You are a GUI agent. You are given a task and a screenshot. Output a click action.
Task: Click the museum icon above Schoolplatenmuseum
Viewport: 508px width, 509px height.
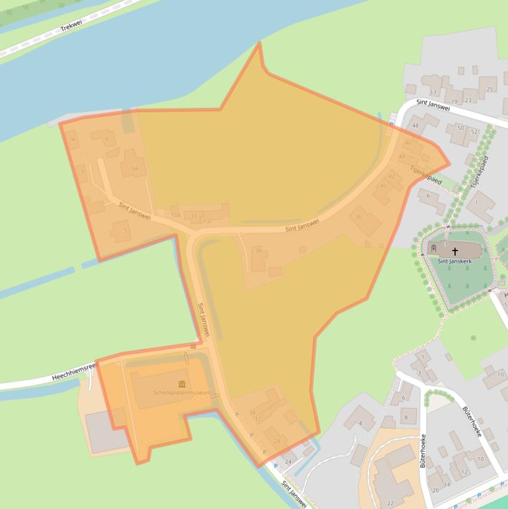point(182,384)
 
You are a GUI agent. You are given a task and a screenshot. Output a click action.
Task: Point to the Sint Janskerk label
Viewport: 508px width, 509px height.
point(454,261)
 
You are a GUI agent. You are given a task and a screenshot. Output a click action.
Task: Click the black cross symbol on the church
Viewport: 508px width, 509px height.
point(454,252)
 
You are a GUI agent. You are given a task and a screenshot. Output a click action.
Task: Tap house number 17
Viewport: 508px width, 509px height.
point(433,93)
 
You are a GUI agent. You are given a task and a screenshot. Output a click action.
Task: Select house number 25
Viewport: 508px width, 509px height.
point(490,89)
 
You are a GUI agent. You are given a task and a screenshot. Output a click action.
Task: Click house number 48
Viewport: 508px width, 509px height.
point(415,126)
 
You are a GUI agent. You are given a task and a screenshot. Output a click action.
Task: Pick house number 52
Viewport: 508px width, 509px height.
point(474,132)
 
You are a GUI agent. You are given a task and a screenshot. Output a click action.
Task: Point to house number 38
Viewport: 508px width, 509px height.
point(358,217)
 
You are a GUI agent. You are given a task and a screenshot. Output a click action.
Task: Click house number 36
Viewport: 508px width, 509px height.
point(258,251)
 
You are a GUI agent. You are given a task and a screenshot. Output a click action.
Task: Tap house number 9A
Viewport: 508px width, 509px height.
point(135,169)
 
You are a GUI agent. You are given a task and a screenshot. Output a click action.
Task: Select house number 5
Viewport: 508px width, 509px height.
point(125,230)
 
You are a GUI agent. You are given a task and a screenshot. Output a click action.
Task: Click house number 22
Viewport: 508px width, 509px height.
point(390,504)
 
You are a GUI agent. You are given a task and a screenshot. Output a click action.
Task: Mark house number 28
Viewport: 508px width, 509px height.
point(277,441)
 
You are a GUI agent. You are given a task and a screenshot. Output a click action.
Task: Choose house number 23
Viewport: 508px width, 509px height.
point(468,100)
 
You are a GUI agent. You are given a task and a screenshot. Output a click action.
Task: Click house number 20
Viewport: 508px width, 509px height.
point(435,490)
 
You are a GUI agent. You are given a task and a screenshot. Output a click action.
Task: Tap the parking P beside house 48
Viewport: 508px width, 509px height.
point(390,124)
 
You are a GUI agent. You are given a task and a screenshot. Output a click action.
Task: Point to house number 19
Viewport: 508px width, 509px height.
point(454,100)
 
